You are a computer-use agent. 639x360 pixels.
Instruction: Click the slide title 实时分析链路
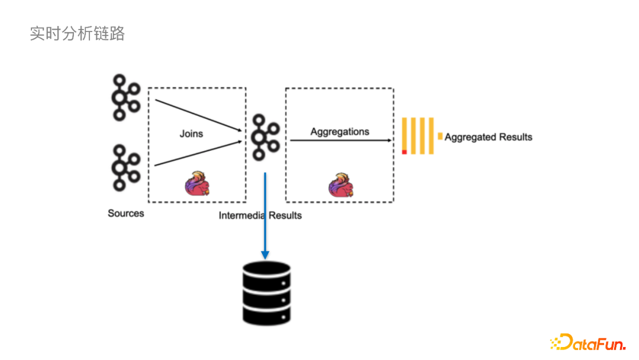point(77,34)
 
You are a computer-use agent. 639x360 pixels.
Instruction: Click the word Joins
point(191,134)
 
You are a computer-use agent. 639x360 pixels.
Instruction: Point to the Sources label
point(125,213)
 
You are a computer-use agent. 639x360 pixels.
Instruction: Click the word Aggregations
point(340,131)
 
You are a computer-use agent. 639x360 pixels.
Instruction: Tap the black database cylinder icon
point(266,293)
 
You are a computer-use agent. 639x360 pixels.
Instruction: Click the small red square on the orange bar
point(404,152)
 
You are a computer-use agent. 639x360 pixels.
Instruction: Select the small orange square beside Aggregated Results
point(440,136)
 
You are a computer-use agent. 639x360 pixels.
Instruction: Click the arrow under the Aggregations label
point(340,140)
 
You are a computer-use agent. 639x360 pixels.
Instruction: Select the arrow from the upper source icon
point(198,115)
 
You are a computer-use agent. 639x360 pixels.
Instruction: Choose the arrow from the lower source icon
point(198,153)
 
